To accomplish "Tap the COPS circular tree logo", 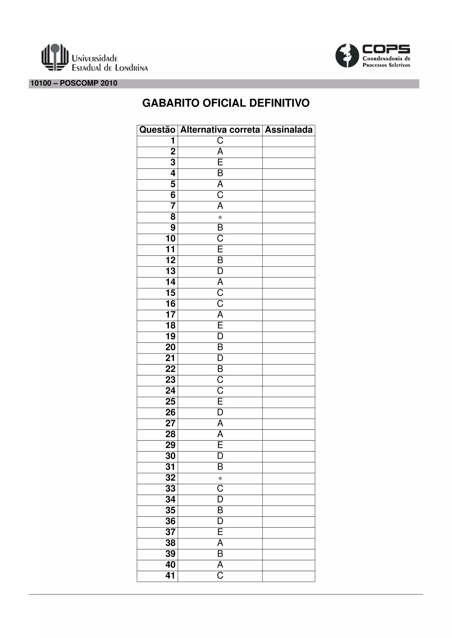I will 347,56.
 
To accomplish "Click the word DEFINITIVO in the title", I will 279,103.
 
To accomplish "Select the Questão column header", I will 157,130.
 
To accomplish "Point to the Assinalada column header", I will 289,130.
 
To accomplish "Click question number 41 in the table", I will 170,575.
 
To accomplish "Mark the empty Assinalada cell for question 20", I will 289,348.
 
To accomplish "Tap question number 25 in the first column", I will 170,402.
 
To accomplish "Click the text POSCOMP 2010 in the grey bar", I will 89,83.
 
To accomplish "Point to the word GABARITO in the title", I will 171,103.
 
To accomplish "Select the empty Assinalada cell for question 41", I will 289,576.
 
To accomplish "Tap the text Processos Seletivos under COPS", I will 386,65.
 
